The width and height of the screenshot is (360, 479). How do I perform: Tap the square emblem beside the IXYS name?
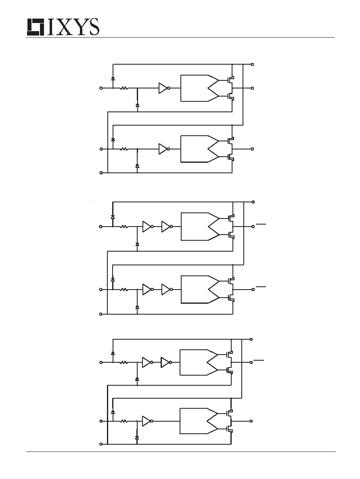coord(36,27)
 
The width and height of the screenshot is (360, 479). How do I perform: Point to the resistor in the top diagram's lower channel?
coord(124,149)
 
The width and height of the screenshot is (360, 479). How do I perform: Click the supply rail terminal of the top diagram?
coord(252,65)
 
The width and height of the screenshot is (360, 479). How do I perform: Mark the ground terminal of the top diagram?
coord(101,173)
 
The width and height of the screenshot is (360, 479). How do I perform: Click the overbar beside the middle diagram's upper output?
coord(261,224)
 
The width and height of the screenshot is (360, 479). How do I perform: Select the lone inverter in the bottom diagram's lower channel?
coord(148,421)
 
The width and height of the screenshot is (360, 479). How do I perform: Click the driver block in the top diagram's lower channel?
coord(200,149)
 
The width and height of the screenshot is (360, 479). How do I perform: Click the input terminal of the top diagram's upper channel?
coord(101,88)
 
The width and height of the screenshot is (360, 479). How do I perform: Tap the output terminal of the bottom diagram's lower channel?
coord(251,421)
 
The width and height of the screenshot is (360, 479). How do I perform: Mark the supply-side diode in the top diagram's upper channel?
coord(113,78)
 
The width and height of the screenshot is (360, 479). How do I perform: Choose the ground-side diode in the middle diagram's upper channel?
coord(137,244)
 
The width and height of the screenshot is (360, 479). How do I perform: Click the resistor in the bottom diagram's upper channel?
coord(123,363)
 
